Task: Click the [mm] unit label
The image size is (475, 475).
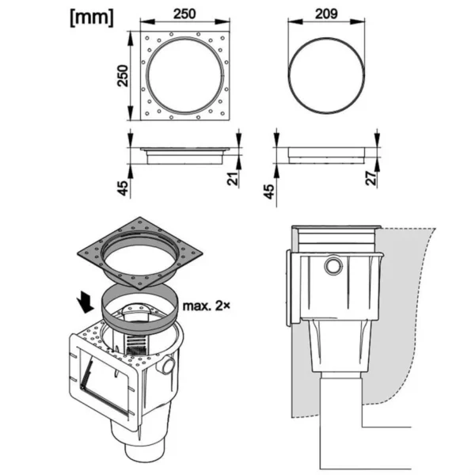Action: (x=92, y=17)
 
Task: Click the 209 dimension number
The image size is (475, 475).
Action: (x=326, y=13)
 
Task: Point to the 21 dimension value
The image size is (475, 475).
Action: (x=233, y=179)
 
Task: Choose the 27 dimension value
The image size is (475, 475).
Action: (x=371, y=178)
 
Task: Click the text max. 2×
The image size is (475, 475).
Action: (x=207, y=306)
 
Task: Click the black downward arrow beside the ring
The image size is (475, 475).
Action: (x=85, y=302)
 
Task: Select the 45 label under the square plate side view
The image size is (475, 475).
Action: (x=123, y=188)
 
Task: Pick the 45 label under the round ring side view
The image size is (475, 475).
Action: (x=269, y=192)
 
